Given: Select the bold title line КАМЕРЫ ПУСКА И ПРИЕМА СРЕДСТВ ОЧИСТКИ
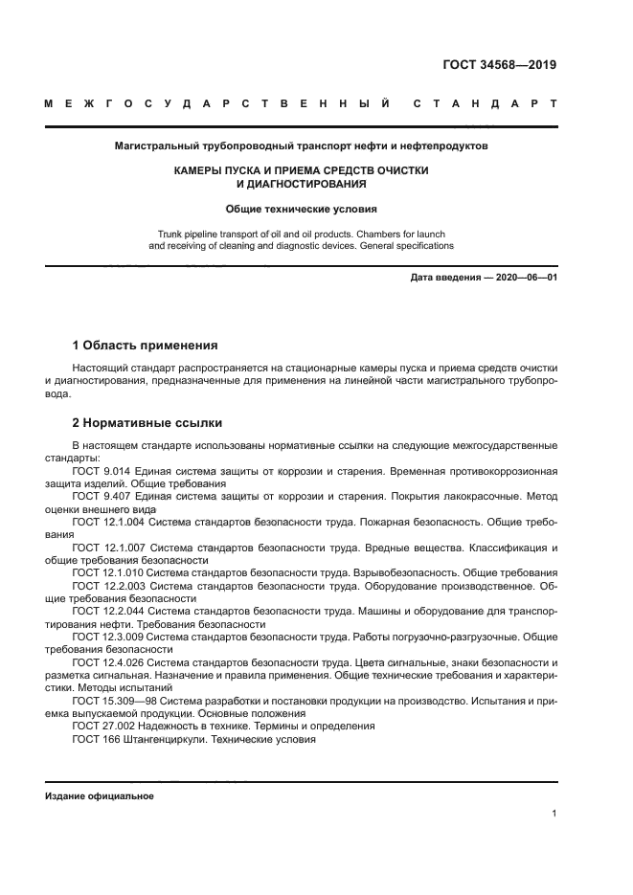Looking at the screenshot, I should point(301,169).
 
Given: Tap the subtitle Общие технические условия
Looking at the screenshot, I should point(301,207).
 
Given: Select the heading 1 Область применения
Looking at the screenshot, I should point(146,344).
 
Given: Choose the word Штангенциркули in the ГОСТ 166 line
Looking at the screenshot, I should point(165,739).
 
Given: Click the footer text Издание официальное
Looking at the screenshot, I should point(100,796).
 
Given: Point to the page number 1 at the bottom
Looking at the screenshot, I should point(554,814).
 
